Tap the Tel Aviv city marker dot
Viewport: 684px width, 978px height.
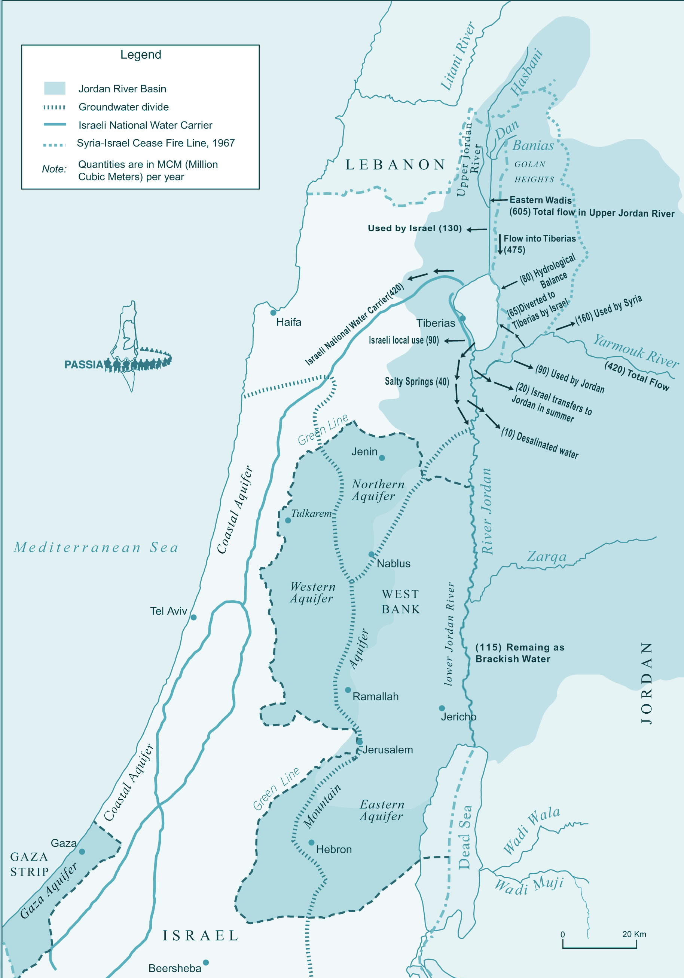pos(193,617)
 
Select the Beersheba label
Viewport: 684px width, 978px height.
pos(174,968)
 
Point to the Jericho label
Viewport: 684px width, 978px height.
pos(458,717)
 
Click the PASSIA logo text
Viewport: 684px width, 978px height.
pos(83,365)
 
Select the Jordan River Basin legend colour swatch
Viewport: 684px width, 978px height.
pos(55,88)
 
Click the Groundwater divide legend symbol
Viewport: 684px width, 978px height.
pos(55,107)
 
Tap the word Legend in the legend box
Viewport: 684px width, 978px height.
pos(141,55)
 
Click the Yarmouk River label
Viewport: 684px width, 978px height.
pos(635,351)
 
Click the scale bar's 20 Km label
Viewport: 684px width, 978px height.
pos(634,934)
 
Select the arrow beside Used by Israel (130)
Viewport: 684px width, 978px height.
pos(476,230)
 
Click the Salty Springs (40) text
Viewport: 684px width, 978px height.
pos(416,381)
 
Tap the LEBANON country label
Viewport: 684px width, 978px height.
pos(395,164)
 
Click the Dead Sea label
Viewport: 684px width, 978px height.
pos(464,837)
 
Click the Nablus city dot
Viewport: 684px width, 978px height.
pos(372,554)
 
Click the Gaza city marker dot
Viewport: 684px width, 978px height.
pos(82,852)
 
